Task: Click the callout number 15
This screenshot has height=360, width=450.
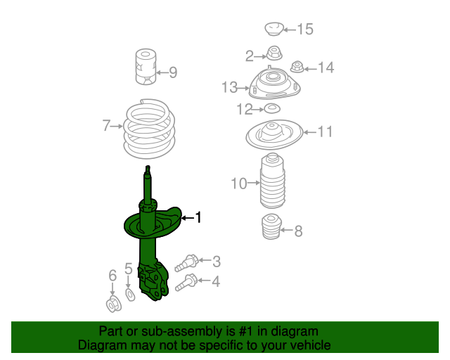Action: [x=304, y=30]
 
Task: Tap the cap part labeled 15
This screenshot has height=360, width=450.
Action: [x=274, y=29]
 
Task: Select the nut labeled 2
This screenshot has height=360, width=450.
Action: [x=274, y=53]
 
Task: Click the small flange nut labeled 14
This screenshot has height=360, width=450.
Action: [x=297, y=67]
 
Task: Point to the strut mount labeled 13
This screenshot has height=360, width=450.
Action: [x=274, y=84]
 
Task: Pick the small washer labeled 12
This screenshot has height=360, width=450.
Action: [x=271, y=109]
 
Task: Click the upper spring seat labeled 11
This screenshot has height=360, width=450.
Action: [x=274, y=134]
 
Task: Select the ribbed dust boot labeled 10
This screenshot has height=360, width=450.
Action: [x=272, y=181]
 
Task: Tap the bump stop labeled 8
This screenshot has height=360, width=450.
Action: [x=271, y=226]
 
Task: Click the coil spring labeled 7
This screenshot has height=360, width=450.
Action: [x=150, y=129]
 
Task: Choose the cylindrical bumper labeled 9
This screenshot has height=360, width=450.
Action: [x=146, y=67]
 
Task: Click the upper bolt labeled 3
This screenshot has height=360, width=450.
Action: [x=186, y=263]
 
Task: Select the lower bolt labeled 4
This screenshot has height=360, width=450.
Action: [x=186, y=283]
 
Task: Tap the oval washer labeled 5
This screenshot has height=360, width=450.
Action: [x=130, y=295]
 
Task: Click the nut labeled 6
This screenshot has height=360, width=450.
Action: [x=114, y=304]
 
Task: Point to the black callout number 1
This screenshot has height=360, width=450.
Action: [x=198, y=217]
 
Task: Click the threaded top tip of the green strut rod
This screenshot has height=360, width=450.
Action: [x=148, y=169]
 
